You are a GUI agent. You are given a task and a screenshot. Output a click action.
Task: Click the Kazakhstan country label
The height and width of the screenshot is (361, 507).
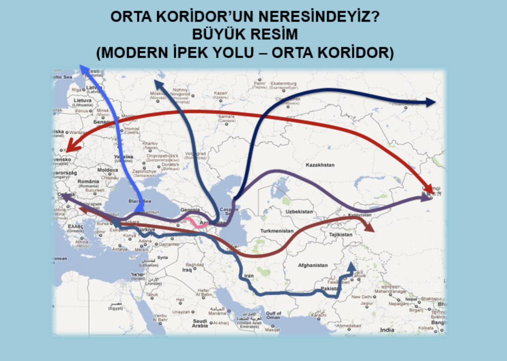(320, 165)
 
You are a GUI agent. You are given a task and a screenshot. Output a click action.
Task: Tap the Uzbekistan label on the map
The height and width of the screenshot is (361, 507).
(299, 211)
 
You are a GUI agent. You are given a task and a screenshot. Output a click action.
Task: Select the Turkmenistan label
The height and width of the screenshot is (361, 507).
(277, 231)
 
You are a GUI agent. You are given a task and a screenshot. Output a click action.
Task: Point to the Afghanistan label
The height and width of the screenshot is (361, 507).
(313, 265)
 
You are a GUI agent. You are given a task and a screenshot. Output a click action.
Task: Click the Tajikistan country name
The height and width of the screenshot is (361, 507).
(340, 235)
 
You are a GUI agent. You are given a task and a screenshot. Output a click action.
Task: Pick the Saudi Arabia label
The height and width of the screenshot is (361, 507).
(200, 323)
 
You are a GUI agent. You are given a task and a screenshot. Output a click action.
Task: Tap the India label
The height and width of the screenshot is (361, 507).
(387, 330)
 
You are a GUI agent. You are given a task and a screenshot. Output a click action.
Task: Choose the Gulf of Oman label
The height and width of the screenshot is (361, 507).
(273, 315)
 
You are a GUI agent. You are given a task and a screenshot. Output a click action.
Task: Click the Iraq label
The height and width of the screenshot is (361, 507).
(187, 270)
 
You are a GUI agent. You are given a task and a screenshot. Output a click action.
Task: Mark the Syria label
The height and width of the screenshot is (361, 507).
(162, 257)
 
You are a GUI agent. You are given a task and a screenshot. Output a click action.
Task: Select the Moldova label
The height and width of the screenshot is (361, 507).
(107, 170)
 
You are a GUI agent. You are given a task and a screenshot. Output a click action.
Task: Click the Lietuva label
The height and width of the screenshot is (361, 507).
(83, 101)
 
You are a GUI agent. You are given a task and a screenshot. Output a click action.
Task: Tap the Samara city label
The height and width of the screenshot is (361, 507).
(227, 116)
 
